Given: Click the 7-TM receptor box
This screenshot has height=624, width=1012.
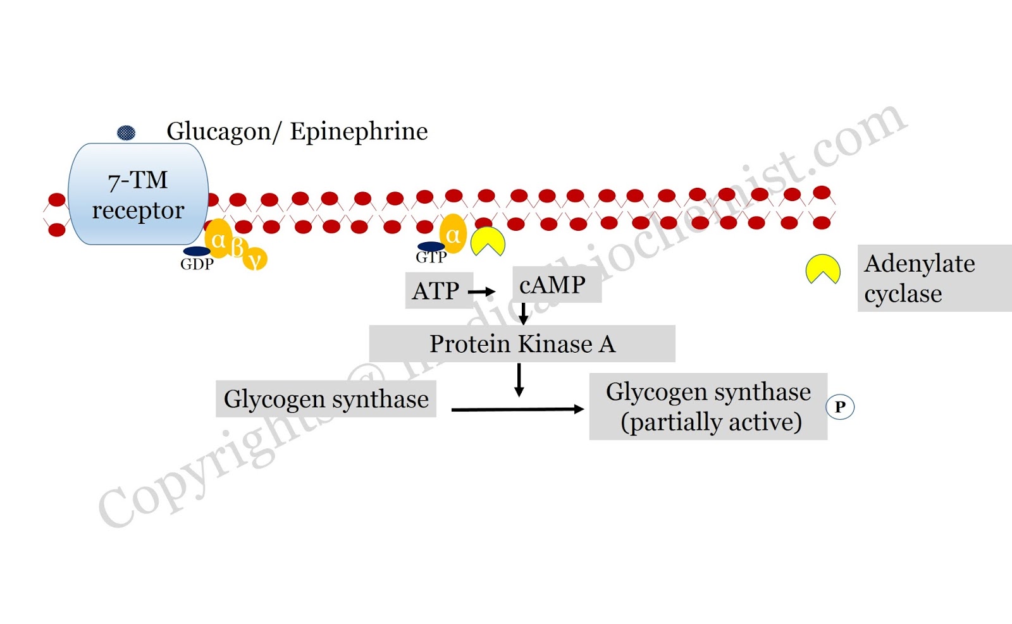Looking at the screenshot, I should [x=138, y=194].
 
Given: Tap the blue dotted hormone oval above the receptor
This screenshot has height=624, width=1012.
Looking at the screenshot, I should [x=126, y=133].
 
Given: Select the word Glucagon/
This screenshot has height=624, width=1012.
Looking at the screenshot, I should [x=223, y=132].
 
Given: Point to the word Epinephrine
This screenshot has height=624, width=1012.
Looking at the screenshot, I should [x=359, y=132].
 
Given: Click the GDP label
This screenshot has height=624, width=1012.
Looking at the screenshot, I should [x=197, y=264].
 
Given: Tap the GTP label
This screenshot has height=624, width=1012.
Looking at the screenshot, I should [x=431, y=257].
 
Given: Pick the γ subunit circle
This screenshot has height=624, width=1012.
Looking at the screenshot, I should [x=256, y=259].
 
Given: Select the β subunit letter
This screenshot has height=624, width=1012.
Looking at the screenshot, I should [x=237, y=247].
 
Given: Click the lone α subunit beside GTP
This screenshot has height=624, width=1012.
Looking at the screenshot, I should [x=453, y=235].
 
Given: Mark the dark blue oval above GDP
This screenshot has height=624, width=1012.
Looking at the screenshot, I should [x=197, y=251].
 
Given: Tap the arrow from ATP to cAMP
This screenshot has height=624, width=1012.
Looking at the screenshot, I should [x=481, y=291].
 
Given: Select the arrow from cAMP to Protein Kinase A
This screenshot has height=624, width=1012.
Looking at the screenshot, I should [x=523, y=314].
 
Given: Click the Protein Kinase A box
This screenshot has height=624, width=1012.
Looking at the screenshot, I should [x=522, y=344].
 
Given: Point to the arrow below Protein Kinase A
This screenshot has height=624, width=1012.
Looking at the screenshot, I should [x=519, y=380].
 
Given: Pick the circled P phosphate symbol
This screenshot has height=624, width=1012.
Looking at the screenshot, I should [x=840, y=407].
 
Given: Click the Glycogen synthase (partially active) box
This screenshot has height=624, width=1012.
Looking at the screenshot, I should [x=708, y=407].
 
